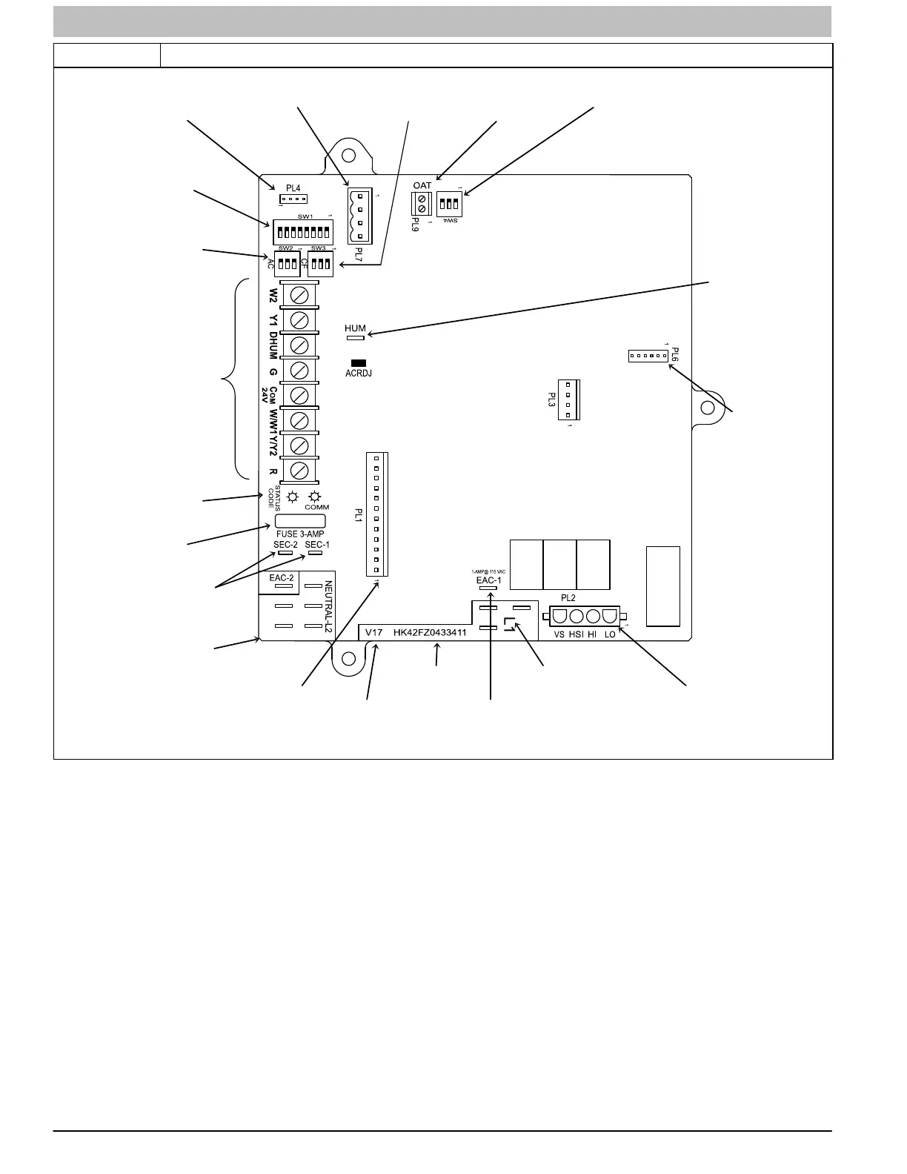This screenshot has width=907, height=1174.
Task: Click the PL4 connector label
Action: (x=293, y=189)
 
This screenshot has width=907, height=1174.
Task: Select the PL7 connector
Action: (x=359, y=216)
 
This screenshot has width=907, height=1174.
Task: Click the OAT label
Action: (x=422, y=185)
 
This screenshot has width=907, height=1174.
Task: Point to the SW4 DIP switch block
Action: (x=449, y=203)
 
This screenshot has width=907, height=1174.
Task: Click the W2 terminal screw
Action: (x=299, y=295)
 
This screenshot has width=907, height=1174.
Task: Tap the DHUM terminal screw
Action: (x=299, y=345)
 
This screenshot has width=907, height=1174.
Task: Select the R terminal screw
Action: (x=299, y=470)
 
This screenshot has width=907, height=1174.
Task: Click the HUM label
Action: (x=356, y=328)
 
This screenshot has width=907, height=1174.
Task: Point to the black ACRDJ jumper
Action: (x=359, y=363)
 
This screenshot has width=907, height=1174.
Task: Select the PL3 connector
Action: (x=568, y=399)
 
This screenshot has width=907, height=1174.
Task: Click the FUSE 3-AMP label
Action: (x=300, y=534)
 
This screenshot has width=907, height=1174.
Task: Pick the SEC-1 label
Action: (x=317, y=545)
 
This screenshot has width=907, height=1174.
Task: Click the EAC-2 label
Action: (x=282, y=577)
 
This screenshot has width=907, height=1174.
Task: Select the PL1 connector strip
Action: (x=376, y=514)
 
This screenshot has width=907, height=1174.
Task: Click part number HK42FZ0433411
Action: (x=431, y=633)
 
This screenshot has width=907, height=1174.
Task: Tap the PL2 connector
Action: (x=585, y=617)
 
